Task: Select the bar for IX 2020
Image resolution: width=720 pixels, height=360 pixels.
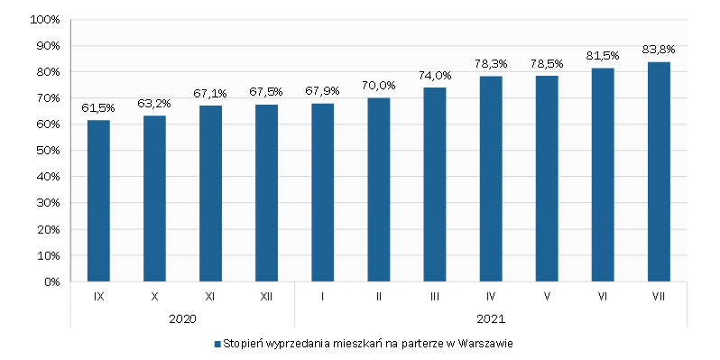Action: (x=98, y=200)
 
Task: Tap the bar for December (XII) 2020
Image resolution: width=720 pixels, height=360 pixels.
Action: (x=266, y=193)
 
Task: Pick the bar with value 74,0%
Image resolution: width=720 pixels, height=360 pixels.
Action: (x=434, y=184)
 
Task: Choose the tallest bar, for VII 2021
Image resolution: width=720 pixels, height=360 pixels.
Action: (x=659, y=171)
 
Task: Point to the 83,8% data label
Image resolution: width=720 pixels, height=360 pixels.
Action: (x=659, y=50)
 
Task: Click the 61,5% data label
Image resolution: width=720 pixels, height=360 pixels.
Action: (x=98, y=108)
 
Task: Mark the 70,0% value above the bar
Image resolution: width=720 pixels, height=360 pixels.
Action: (x=378, y=86)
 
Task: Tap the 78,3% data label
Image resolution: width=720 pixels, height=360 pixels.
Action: (x=491, y=64)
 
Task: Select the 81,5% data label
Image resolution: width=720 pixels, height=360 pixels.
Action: (x=603, y=56)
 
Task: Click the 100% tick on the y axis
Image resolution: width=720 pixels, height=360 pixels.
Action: (x=44, y=20)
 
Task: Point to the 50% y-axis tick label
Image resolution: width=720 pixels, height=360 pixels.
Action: (x=47, y=151)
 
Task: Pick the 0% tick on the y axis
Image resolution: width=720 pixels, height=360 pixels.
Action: (x=51, y=282)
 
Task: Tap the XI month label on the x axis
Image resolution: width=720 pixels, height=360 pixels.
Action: (x=210, y=296)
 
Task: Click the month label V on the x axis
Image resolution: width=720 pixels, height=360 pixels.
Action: (x=547, y=296)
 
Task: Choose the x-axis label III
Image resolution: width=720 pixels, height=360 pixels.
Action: (x=434, y=296)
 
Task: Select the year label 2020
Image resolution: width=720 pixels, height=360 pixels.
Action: (x=182, y=318)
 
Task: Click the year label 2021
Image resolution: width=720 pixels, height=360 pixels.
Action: (x=491, y=318)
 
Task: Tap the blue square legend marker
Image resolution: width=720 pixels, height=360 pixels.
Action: (x=217, y=344)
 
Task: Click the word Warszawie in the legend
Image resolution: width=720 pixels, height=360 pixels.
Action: (x=486, y=344)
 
